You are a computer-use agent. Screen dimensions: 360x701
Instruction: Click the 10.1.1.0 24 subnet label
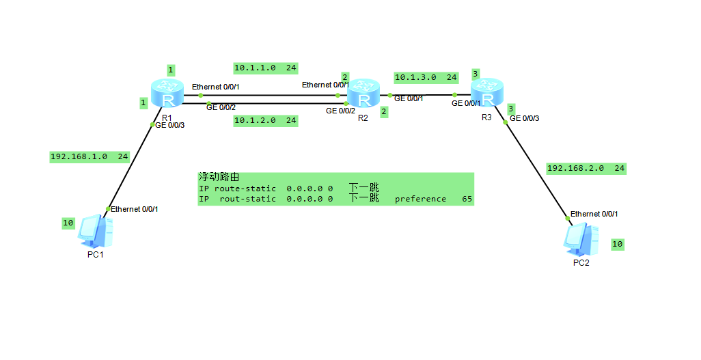point(265,68)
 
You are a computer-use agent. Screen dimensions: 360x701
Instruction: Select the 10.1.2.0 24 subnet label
point(265,120)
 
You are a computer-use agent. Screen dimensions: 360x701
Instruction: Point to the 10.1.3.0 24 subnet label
point(426,77)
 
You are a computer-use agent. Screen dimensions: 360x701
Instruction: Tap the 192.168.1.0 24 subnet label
point(90,156)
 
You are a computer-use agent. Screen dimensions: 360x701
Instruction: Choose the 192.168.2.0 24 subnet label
point(586,168)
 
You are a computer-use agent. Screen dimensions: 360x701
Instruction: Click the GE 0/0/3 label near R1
point(171,126)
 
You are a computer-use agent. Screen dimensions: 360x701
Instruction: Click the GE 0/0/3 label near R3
point(524,118)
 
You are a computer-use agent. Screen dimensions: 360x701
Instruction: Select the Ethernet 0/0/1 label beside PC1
point(135,208)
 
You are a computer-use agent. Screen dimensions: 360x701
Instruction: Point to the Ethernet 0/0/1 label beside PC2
point(594,214)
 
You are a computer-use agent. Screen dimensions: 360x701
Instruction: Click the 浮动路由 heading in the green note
point(219,177)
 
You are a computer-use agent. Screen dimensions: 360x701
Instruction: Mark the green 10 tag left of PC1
point(68,223)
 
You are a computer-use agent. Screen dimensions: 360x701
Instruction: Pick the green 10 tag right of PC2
point(617,244)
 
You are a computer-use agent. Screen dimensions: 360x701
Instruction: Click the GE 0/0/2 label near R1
point(221,107)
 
